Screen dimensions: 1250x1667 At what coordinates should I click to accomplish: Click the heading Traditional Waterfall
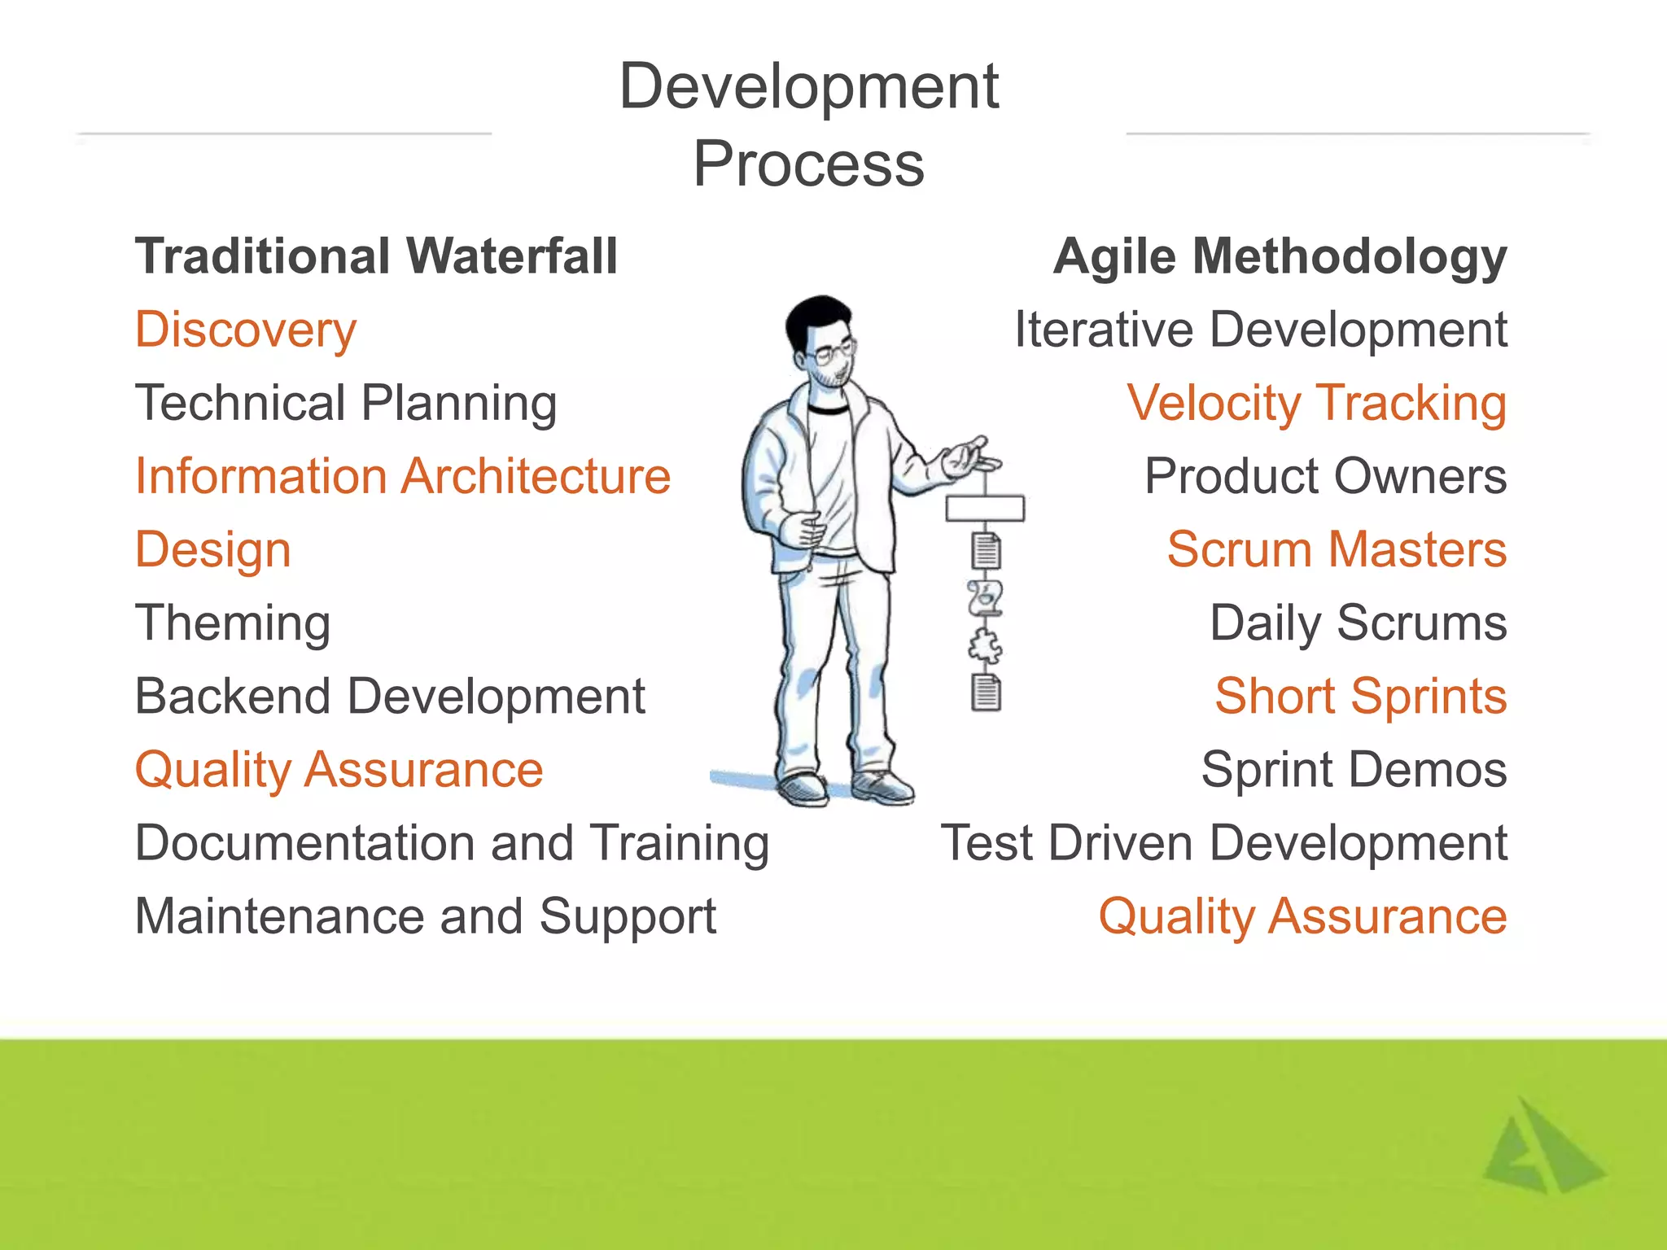[376, 256]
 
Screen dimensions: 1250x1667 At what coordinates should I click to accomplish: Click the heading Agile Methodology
[1280, 256]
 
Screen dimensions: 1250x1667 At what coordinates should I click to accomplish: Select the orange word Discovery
[246, 330]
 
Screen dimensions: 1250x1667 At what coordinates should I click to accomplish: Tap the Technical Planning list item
[346, 404]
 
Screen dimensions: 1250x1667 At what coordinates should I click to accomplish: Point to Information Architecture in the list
[403, 476]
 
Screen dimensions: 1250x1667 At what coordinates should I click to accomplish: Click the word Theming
[233, 623]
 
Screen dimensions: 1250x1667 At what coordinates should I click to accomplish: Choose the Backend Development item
[390, 697]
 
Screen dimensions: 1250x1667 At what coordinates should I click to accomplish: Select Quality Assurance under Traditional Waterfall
[339, 770]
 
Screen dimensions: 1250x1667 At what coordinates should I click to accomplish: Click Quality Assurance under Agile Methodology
[1302, 916]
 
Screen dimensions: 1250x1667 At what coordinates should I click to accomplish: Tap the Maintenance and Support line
[425, 916]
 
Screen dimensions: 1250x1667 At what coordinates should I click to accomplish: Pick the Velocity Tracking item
[1316, 404]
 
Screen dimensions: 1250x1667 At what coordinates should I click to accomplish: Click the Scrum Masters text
[1337, 550]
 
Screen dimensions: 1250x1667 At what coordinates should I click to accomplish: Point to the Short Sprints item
[1360, 697]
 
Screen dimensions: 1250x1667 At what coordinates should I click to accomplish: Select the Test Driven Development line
[1223, 843]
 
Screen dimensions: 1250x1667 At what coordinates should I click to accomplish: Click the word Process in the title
[808, 164]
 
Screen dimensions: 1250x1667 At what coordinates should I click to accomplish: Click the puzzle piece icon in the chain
[985, 647]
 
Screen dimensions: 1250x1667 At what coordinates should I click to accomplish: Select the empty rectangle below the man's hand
[985, 509]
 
